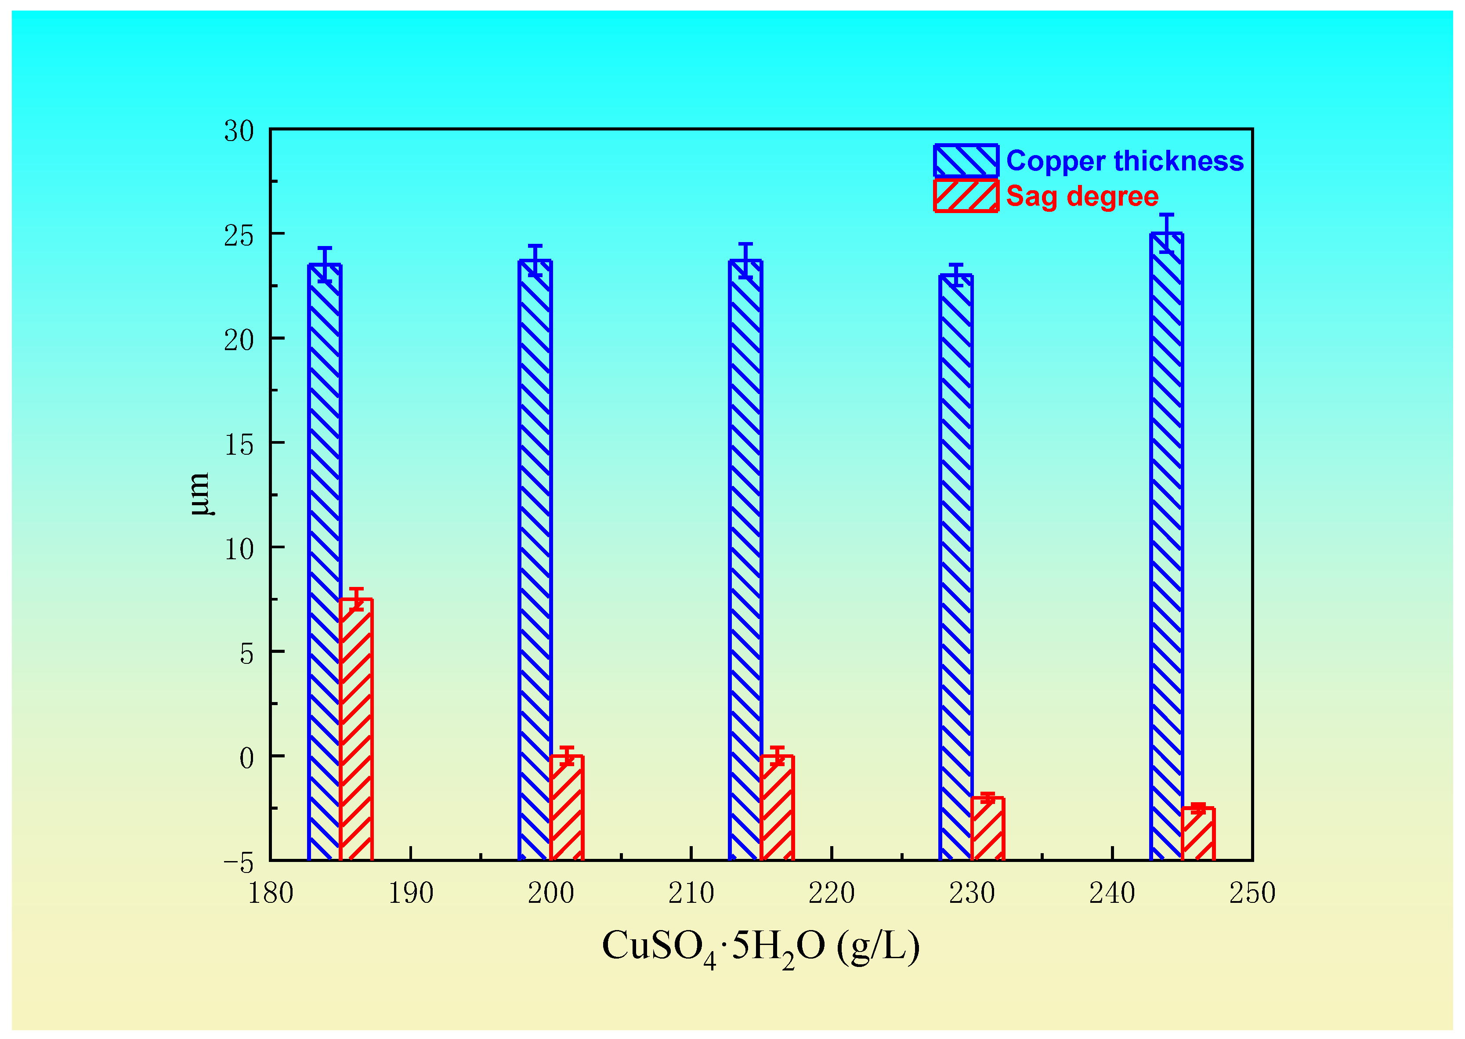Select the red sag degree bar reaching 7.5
(x=356, y=729)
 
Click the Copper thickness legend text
(x=1125, y=161)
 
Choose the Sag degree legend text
(x=1082, y=196)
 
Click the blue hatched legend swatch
(x=966, y=161)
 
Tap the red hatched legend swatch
(x=966, y=196)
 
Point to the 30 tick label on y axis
(x=239, y=131)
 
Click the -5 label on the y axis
(x=239, y=864)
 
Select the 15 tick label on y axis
(x=239, y=445)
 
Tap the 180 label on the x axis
(x=271, y=893)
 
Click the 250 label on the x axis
(x=1252, y=893)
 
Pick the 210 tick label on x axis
(x=691, y=893)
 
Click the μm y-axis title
(x=199, y=494)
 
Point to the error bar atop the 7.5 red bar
(x=356, y=599)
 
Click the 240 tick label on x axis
(x=1112, y=893)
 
